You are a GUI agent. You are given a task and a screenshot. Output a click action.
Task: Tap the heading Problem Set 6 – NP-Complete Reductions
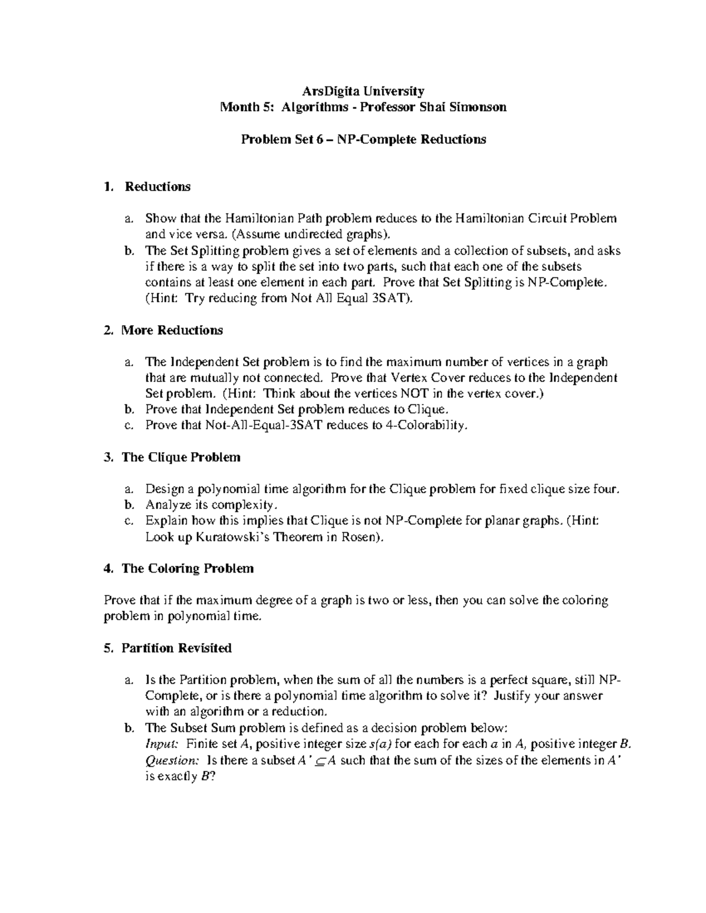pyautogui.click(x=363, y=139)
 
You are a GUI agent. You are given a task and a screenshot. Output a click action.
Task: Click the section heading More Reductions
pyautogui.click(x=172, y=330)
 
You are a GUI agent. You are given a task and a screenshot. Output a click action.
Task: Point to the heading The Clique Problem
pyautogui.click(x=181, y=457)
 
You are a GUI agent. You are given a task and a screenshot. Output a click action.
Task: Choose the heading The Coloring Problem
pyautogui.click(x=187, y=568)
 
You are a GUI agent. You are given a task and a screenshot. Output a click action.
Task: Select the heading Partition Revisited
pyautogui.click(x=176, y=648)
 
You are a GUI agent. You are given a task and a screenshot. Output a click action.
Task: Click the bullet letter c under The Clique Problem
pyautogui.click(x=128, y=521)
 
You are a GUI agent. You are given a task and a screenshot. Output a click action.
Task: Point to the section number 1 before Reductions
pyautogui.click(x=107, y=187)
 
